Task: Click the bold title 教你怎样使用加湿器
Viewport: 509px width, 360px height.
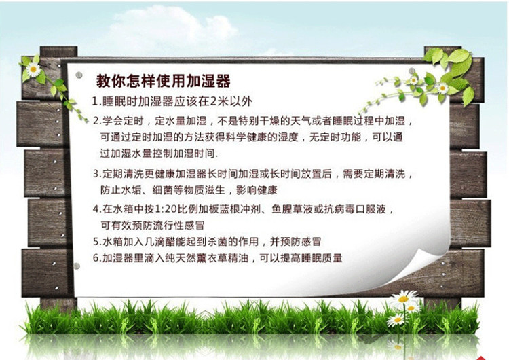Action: click(x=163, y=82)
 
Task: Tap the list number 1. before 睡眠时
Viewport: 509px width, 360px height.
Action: click(x=96, y=101)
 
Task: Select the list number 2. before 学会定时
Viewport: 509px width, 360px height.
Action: click(x=97, y=121)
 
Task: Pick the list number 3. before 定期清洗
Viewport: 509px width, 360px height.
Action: click(x=97, y=174)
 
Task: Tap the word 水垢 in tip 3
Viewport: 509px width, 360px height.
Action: click(x=132, y=190)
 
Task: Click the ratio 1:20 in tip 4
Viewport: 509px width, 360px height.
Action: click(x=166, y=209)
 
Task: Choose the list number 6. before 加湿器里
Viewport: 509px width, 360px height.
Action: click(x=97, y=258)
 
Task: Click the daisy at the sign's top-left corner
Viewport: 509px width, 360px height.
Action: click(x=33, y=69)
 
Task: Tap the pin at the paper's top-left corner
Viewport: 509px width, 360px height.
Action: click(x=79, y=75)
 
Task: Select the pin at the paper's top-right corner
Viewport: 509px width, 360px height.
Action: click(x=412, y=71)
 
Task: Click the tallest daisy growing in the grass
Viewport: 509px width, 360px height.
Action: click(x=404, y=298)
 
